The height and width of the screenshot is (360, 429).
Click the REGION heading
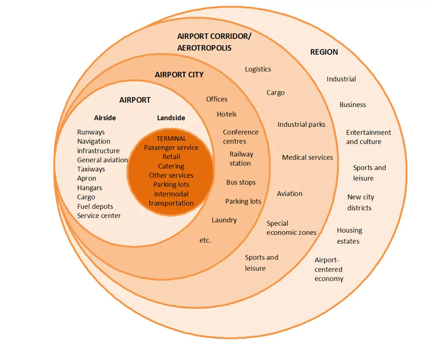coord(324,52)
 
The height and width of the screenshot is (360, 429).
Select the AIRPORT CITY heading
coord(179,75)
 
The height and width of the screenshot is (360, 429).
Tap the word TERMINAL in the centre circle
coord(171,139)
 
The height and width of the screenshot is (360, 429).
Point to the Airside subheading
coord(105,118)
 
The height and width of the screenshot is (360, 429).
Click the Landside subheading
coord(171,118)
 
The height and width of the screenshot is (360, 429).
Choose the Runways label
coord(91,132)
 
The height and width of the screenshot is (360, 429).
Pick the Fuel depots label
coord(95,207)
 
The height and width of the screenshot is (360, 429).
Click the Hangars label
coord(90,188)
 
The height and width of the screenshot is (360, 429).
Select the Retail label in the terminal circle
coord(171,157)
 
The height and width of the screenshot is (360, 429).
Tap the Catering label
coord(171,166)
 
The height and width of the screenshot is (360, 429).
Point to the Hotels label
coord(227,115)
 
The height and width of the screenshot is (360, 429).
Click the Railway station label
coord(241,159)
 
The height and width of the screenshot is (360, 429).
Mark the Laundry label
coord(224,221)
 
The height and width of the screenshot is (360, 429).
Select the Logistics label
coord(258,69)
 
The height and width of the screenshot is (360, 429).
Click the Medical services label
coord(307,157)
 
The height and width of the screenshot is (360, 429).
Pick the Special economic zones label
coord(291,228)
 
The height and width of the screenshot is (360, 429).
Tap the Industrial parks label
coord(301,125)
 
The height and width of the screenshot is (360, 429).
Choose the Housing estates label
coord(349,236)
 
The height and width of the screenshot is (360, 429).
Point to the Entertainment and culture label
coord(369,137)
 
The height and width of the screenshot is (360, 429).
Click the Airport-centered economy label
coord(329,269)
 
